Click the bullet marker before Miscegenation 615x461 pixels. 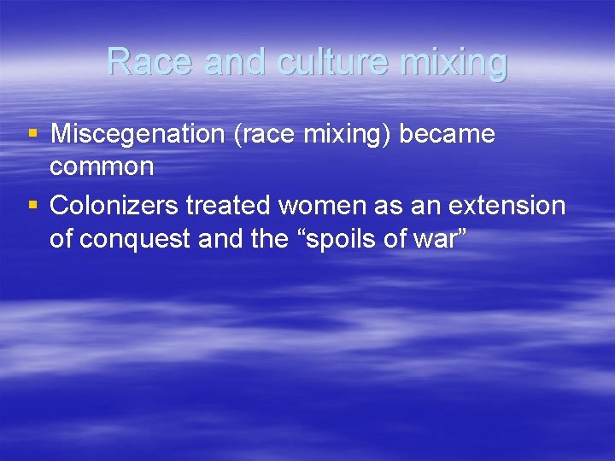pos(32,134)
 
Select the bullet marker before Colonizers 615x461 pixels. pos(32,206)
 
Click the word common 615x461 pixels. pos(102,166)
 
